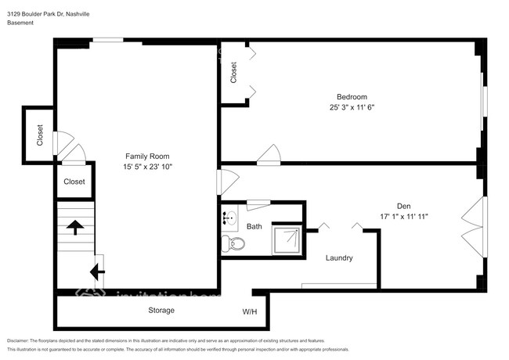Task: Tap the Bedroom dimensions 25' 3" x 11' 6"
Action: coord(351,108)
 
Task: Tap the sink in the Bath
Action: coord(229,218)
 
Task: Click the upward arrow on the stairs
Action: coord(75,227)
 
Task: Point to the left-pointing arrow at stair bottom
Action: coord(96,272)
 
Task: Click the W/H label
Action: coord(250,311)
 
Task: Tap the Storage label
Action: coord(161,311)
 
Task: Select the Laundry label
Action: coord(339,258)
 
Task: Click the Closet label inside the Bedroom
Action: coord(233,73)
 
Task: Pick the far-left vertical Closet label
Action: coord(40,136)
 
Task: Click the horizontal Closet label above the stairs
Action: coord(74,182)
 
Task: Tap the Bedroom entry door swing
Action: coord(269,155)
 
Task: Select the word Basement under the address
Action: coord(20,23)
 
